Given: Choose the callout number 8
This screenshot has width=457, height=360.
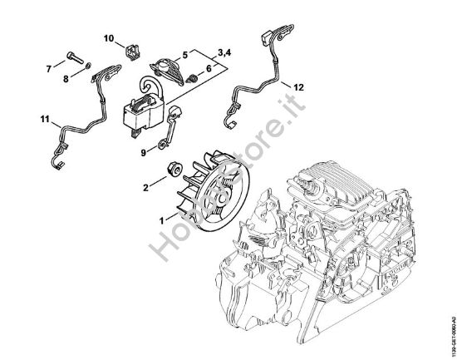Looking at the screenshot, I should click(x=67, y=79).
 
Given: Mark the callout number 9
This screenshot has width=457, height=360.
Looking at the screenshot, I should click(x=143, y=152).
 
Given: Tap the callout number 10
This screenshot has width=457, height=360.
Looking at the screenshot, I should click(x=108, y=37).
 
